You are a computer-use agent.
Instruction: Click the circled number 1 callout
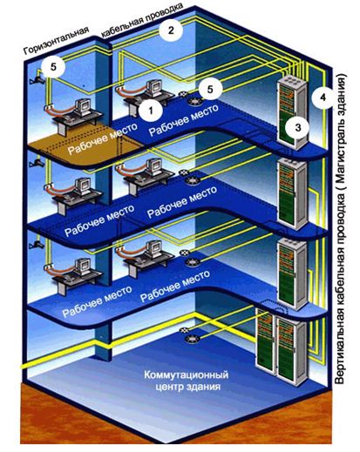(150, 111)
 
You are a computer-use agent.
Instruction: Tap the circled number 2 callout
(171, 30)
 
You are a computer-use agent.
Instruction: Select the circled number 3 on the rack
(297, 128)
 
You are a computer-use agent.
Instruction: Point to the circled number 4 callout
(323, 98)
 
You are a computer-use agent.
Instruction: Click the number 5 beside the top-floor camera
(53, 67)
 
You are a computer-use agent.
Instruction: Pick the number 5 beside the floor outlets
(210, 90)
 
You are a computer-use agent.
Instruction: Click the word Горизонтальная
(56, 41)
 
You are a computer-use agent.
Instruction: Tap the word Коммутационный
(186, 374)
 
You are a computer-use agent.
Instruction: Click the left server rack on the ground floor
(264, 342)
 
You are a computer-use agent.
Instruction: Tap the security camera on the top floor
(37, 78)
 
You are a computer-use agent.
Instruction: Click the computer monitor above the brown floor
(83, 108)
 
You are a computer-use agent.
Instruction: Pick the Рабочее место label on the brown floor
(103, 138)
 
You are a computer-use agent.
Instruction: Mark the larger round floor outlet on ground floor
(192, 339)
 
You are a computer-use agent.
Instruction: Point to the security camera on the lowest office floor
(37, 245)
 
